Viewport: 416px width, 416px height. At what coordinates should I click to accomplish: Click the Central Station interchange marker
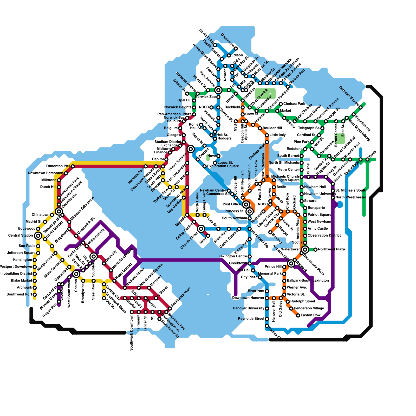(x=38, y=236)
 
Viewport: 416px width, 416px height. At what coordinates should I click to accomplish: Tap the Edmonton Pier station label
(x=58, y=166)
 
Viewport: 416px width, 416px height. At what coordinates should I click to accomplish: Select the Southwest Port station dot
(x=35, y=295)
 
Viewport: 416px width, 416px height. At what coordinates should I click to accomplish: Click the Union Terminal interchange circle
(x=191, y=149)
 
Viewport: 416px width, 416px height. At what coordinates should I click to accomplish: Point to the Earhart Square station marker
(x=361, y=107)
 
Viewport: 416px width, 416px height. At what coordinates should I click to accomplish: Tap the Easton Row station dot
(x=298, y=315)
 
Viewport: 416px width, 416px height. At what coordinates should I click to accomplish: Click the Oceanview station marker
(x=236, y=49)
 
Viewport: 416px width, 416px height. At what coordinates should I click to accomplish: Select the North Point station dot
(x=215, y=45)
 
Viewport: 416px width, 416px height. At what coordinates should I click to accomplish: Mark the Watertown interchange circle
(x=305, y=250)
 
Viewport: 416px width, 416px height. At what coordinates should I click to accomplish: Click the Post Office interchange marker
(x=246, y=204)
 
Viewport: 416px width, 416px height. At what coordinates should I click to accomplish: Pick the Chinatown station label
(x=40, y=215)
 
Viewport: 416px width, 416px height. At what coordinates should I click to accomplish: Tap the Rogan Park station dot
(x=59, y=302)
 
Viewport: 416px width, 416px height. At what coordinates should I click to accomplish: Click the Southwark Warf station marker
(x=170, y=309)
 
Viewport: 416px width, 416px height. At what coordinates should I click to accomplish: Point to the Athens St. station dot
(x=187, y=94)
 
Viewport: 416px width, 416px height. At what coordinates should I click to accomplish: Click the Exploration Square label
(x=223, y=166)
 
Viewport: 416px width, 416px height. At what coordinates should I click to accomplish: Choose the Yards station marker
(x=367, y=159)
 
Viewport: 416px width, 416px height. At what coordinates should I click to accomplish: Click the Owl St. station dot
(x=104, y=298)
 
